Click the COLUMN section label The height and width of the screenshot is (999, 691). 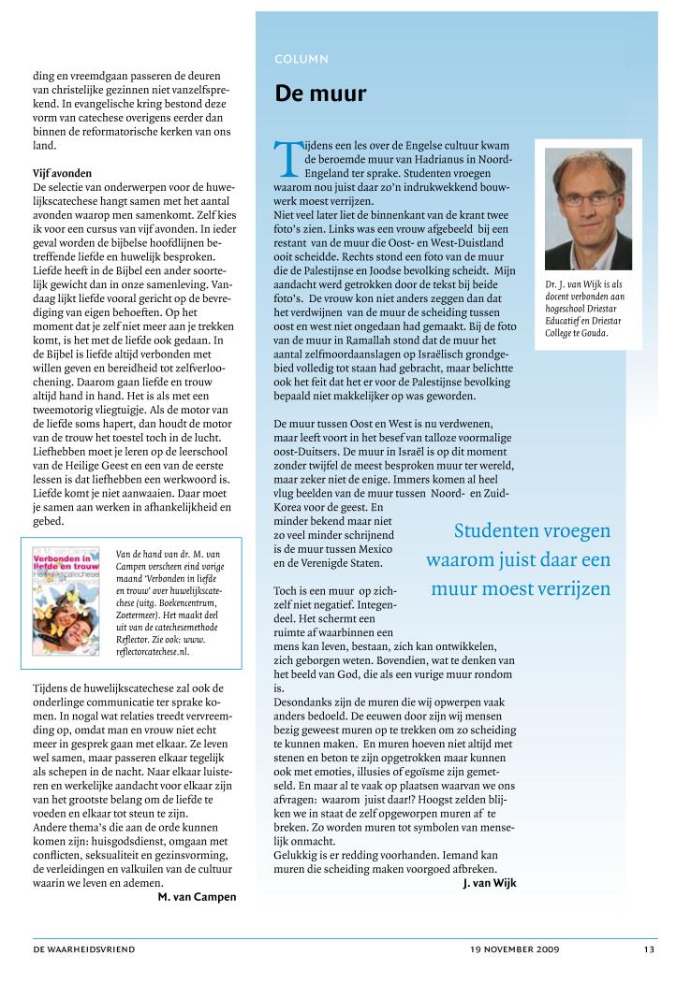pyautogui.click(x=301, y=59)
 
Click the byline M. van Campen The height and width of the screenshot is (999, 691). pyautogui.click(x=197, y=896)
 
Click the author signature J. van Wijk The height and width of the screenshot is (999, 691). pyautogui.click(x=489, y=882)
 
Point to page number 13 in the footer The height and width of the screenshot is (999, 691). pyautogui.click(x=649, y=949)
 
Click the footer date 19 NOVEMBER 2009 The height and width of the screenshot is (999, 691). pyautogui.click(x=515, y=949)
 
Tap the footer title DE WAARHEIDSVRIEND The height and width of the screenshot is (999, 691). pyautogui.click(x=84, y=949)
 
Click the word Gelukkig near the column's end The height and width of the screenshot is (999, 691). pyautogui.click(x=295, y=856)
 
